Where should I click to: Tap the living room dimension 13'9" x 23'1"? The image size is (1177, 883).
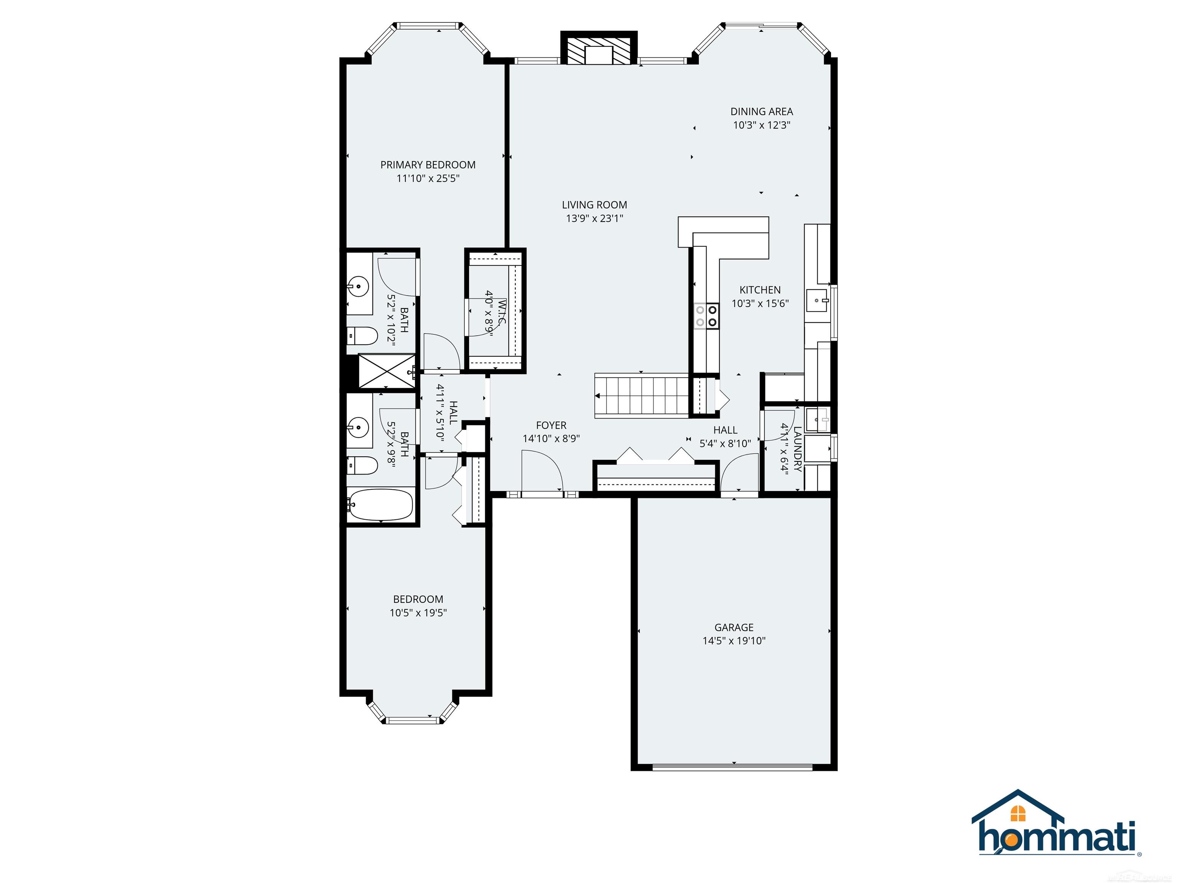point(594,218)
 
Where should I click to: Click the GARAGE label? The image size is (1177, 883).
point(734,627)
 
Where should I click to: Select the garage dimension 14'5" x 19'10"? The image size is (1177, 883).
point(734,641)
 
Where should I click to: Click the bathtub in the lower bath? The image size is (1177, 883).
point(380,504)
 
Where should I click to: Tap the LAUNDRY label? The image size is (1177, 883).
point(797,449)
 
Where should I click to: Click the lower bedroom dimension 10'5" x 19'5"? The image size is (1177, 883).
point(418,612)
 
